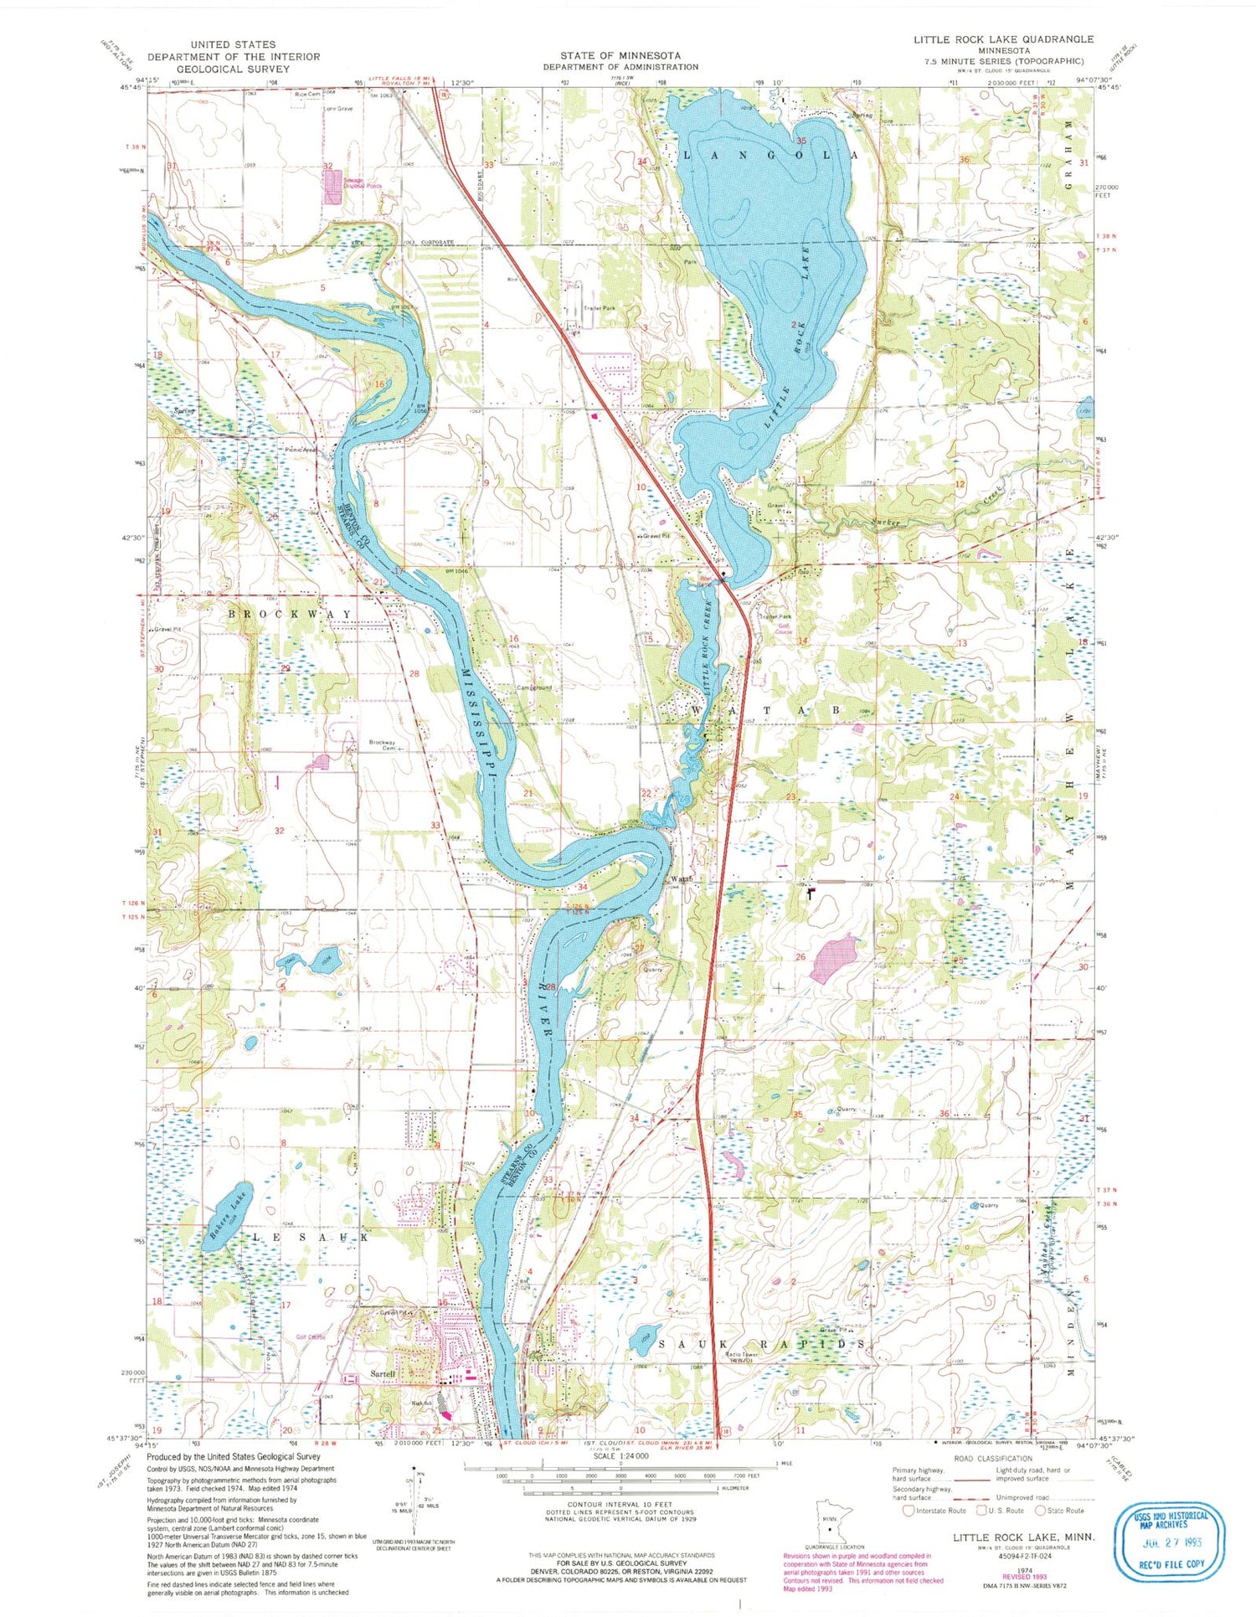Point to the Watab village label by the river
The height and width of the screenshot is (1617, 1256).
[679, 878]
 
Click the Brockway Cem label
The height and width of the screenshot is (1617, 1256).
[383, 745]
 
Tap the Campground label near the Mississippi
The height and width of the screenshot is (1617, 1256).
[533, 687]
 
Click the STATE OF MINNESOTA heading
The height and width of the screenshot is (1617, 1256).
[620, 55]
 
